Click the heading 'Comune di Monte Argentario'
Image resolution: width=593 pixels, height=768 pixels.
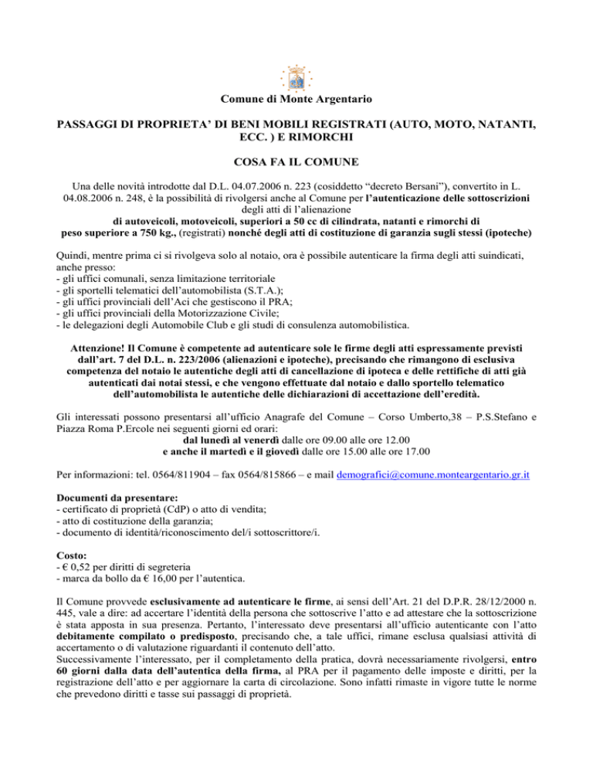[296, 100]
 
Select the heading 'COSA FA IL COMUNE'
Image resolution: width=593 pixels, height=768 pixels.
[296, 165]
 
